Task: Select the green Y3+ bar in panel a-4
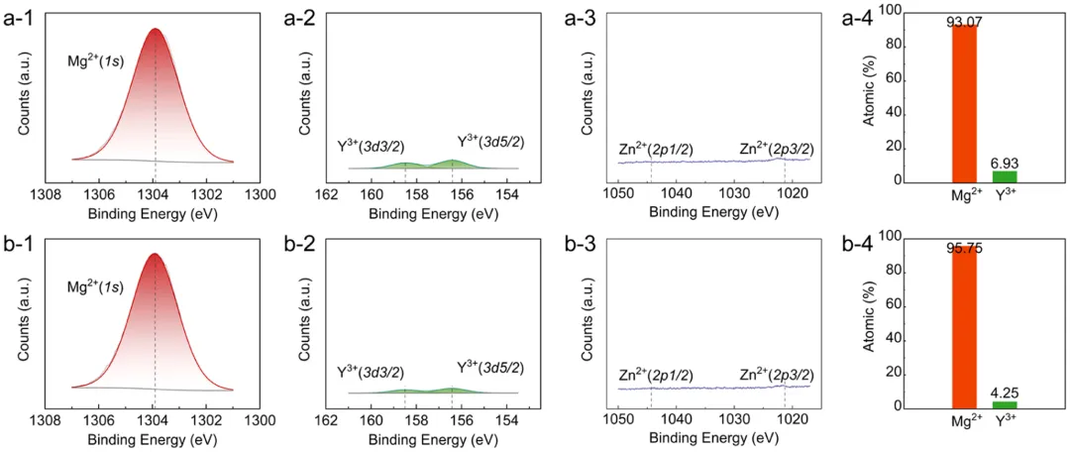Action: [1005, 176]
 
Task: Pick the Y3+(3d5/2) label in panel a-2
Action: [490, 142]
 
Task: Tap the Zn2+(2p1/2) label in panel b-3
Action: [656, 375]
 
